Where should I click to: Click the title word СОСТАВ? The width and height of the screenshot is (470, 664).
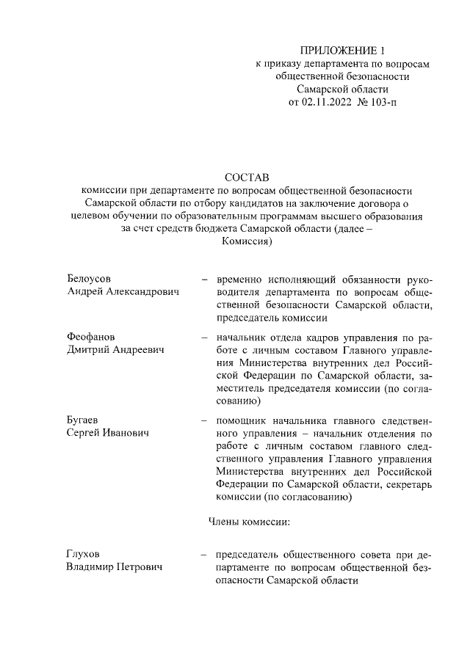coord(247,178)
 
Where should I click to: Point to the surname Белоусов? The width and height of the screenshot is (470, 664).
coord(89,280)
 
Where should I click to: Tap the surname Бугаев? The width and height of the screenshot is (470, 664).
coord(83,420)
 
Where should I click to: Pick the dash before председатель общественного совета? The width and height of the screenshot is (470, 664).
coord(203,555)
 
